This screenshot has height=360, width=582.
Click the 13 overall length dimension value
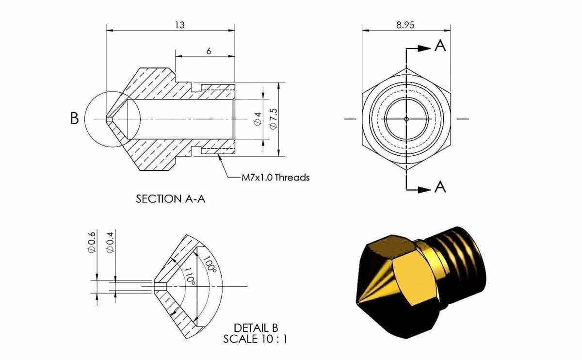(x=180, y=25)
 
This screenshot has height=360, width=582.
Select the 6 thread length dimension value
(x=209, y=51)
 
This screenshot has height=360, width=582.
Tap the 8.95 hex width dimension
(x=405, y=25)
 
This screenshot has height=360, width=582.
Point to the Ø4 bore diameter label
(x=258, y=119)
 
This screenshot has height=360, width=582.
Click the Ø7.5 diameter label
(x=274, y=119)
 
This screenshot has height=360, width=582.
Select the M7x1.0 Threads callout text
(x=275, y=178)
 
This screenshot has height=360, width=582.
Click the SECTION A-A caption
(x=170, y=199)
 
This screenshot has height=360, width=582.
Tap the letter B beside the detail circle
(x=74, y=118)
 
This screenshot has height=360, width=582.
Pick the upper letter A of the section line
(x=440, y=46)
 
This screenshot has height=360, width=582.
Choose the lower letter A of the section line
(x=440, y=187)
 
